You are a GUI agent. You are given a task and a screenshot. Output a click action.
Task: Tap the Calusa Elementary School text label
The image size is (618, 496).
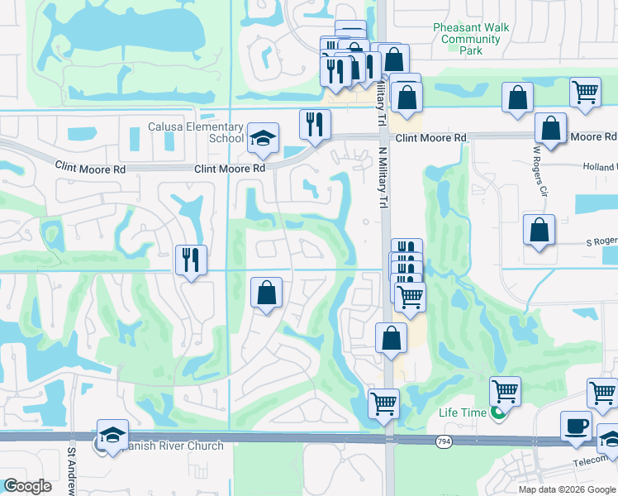click(x=196, y=132)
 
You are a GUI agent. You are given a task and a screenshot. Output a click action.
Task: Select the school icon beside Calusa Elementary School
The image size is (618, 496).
click(x=263, y=137)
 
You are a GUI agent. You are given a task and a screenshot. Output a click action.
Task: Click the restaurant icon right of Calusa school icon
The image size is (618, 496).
click(x=314, y=124)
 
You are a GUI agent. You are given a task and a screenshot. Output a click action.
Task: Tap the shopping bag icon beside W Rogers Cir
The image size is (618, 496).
click(x=550, y=128)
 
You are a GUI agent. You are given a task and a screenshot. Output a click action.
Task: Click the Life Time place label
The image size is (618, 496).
click(x=459, y=413)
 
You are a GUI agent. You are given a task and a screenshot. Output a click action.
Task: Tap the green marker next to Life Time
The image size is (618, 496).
click(x=497, y=413)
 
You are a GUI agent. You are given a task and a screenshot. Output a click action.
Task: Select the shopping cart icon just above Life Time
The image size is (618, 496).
click(x=505, y=390)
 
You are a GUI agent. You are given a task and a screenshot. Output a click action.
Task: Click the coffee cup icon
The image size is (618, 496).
click(x=576, y=426)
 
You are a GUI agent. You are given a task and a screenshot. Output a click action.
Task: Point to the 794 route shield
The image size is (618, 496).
click(x=444, y=442)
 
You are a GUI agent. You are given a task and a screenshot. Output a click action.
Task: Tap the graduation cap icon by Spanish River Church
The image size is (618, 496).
click(x=113, y=435)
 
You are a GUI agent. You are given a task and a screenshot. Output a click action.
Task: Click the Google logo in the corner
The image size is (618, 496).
click(x=28, y=485)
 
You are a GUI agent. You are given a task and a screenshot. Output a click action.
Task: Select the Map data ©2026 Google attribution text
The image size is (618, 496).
click(x=567, y=489)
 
